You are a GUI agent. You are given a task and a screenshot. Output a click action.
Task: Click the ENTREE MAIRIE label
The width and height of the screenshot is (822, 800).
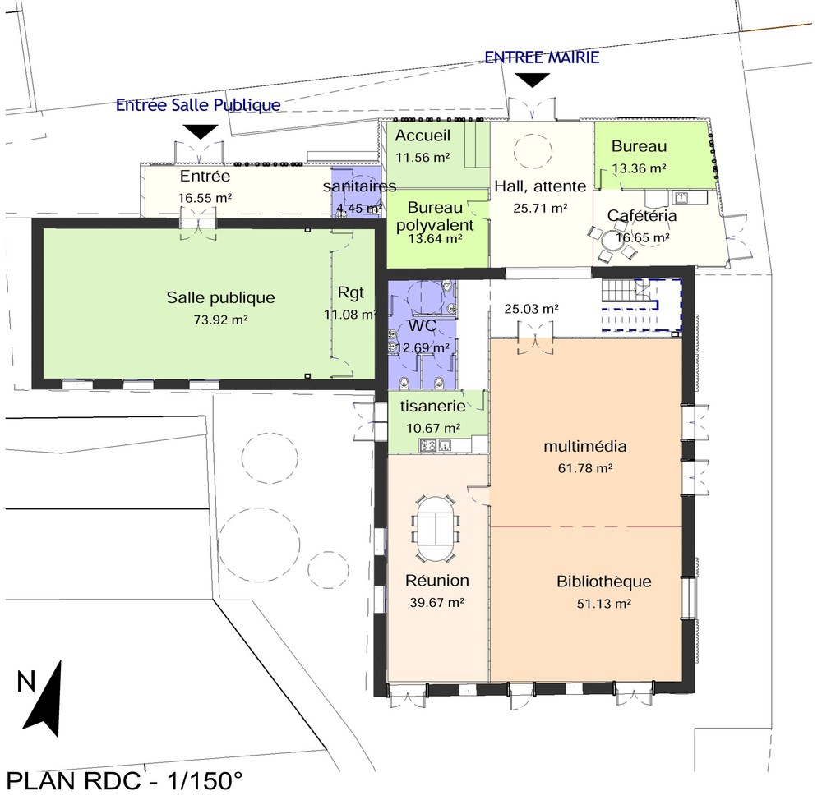(x=542, y=57)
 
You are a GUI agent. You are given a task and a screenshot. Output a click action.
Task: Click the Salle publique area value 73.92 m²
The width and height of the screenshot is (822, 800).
(x=220, y=320)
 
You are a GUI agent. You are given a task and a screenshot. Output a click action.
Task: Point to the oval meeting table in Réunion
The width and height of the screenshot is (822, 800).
(x=436, y=529)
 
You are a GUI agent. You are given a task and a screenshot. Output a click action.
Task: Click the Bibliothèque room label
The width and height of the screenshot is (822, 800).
(x=604, y=582)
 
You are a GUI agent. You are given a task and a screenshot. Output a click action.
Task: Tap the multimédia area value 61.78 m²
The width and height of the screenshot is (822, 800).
(x=585, y=468)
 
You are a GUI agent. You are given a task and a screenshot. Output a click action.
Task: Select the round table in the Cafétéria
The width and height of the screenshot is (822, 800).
(x=611, y=241)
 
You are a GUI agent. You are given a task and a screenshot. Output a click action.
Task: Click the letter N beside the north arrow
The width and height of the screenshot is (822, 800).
(x=26, y=682)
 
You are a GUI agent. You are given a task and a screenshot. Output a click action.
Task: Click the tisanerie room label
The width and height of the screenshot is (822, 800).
(x=433, y=406)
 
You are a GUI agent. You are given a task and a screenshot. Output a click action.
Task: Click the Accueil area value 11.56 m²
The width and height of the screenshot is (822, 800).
(x=423, y=157)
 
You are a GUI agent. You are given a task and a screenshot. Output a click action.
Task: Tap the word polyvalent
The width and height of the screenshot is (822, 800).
(x=435, y=225)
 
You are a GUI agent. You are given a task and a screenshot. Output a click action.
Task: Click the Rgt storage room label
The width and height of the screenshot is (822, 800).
(x=351, y=292)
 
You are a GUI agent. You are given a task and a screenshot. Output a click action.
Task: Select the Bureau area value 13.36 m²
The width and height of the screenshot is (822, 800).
(x=639, y=168)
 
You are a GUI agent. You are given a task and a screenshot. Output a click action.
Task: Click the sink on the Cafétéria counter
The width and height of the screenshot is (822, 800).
(x=682, y=197)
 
